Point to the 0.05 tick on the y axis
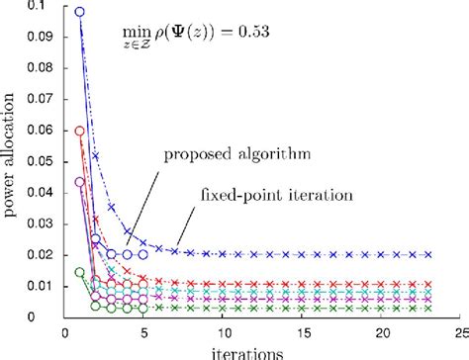[41, 162]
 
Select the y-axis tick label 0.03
[41, 224]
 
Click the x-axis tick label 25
[459, 334]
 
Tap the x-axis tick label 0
[64, 334]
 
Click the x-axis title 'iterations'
[261, 351]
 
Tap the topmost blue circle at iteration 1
[80, 13]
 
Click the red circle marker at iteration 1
[80, 131]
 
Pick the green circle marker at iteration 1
[80, 272]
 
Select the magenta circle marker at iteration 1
[80, 182]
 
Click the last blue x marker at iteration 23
[428, 254]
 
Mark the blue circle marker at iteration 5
[143, 254]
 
